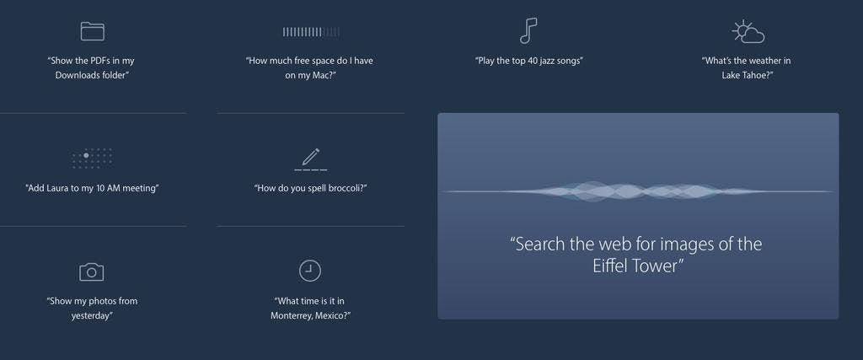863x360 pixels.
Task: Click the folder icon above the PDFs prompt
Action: [x=92, y=31]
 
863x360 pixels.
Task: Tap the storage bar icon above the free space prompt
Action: [x=311, y=32]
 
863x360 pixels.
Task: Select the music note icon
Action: [x=528, y=30]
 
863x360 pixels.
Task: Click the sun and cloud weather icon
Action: [x=748, y=32]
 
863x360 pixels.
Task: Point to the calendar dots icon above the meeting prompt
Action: [x=92, y=158]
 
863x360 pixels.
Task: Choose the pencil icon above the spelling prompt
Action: [x=310, y=159]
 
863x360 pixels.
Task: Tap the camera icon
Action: [x=91, y=272]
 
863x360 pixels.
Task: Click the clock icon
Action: [x=310, y=271]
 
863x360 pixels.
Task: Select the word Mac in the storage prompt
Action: [x=323, y=75]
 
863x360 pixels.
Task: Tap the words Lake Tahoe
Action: [x=744, y=75]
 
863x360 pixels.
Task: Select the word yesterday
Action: [x=90, y=316]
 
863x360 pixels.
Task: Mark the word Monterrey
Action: [x=291, y=316]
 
